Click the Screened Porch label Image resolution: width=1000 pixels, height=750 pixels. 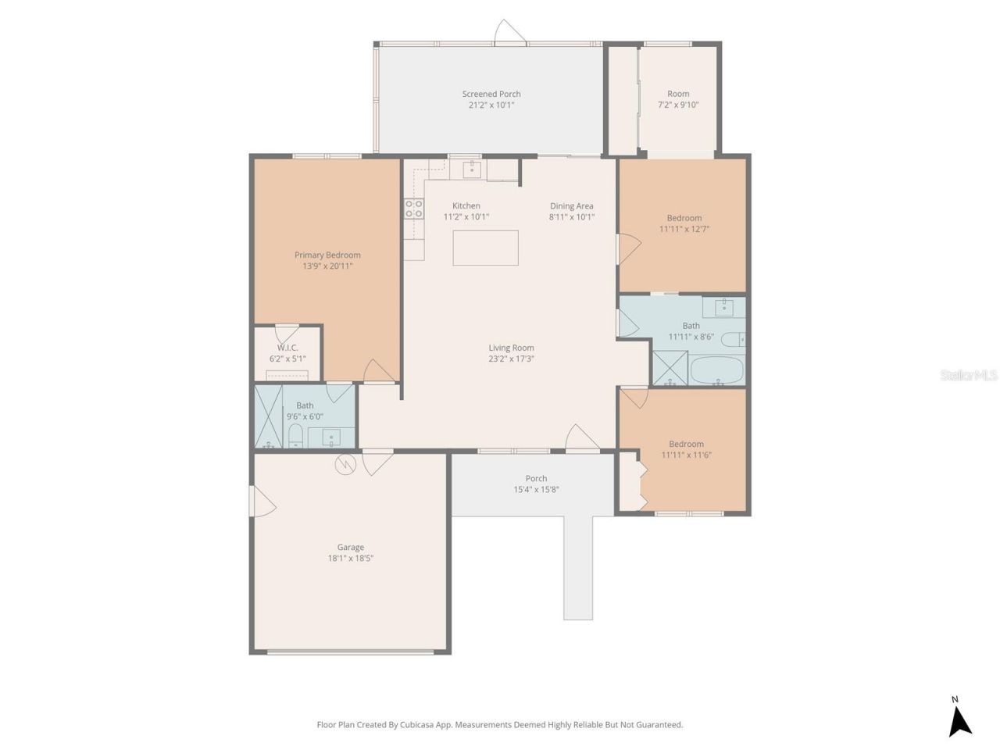(491, 94)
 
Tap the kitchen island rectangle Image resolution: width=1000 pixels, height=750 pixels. (485, 248)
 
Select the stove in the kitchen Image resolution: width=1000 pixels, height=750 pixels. (413, 209)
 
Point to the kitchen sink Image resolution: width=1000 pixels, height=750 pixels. (471, 170)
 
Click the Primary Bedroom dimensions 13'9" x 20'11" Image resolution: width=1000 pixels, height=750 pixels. (327, 266)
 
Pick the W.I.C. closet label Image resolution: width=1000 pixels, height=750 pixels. (287, 348)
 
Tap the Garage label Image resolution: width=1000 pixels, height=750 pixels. (350, 547)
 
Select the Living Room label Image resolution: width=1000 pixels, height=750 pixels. (511, 348)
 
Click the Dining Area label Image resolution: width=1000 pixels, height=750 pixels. (571, 206)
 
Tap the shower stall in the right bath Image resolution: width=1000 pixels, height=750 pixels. (670, 369)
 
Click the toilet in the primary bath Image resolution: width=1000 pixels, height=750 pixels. (295, 435)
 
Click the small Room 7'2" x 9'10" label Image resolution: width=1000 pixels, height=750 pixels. (677, 94)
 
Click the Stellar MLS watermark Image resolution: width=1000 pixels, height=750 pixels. (969, 376)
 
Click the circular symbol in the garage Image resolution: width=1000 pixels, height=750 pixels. (345, 464)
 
